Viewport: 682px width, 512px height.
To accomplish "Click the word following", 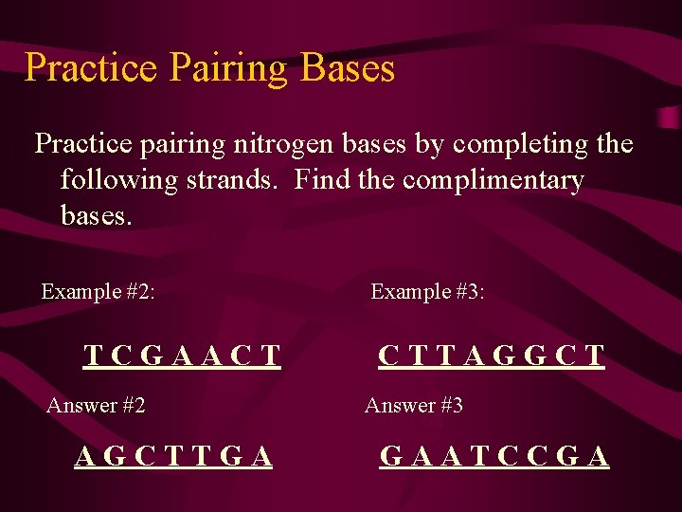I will tap(119, 179).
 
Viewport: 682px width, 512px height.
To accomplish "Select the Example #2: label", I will tap(98, 291).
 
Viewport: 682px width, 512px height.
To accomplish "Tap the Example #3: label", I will tap(427, 291).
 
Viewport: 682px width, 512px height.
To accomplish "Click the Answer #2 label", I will tap(96, 406).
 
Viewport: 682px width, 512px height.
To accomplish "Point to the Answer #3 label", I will tap(414, 406).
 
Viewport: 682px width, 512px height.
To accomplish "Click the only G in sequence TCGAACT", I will tap(153, 356).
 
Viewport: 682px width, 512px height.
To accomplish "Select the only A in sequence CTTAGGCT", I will tap(472, 356).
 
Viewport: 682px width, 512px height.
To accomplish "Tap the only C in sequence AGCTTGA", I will tap(145, 457).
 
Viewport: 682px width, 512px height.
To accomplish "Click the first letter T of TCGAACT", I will tap(94, 356).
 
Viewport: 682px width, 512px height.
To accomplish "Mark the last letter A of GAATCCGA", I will tap(598, 457).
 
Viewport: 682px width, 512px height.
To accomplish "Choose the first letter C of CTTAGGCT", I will tap(388, 356).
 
